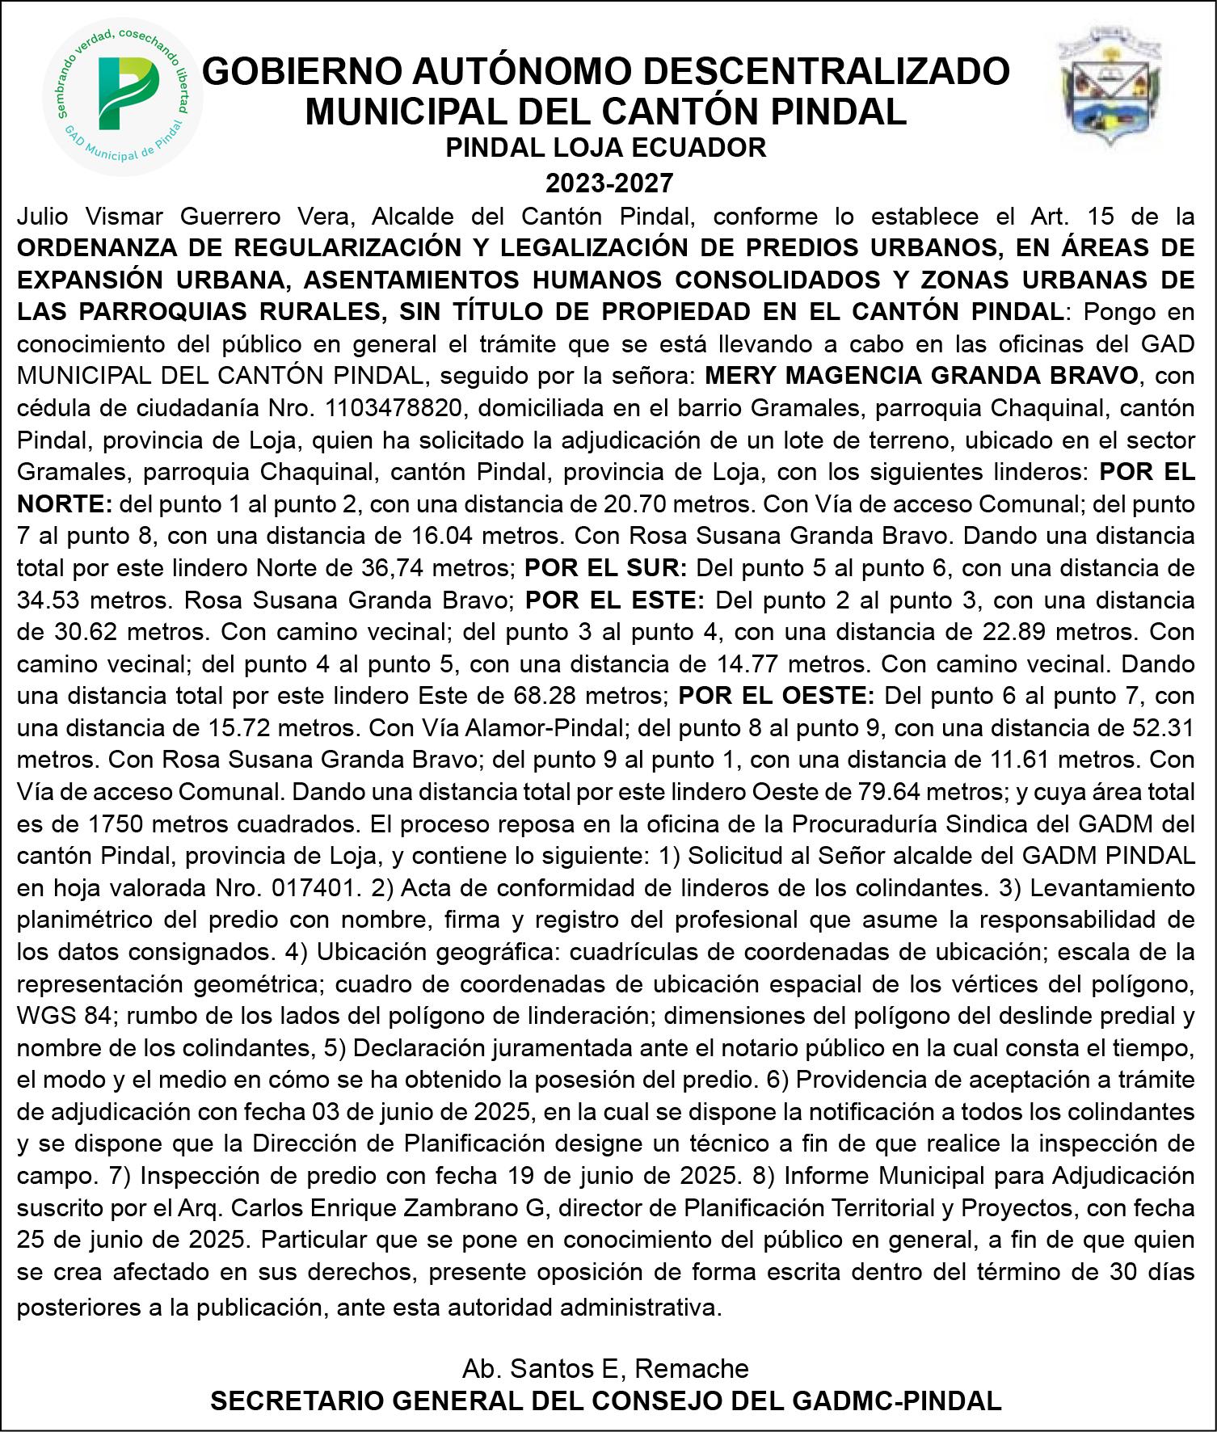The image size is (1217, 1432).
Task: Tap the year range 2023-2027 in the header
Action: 608,183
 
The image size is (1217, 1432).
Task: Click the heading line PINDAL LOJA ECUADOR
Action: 608,147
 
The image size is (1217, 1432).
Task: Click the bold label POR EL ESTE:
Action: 616,600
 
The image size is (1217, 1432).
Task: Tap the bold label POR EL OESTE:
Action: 777,695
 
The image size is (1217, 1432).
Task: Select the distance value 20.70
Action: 636,503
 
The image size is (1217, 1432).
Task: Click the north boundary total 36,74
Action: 390,567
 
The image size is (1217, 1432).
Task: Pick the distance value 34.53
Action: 50,600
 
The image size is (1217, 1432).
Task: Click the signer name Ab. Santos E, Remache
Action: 605,1368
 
